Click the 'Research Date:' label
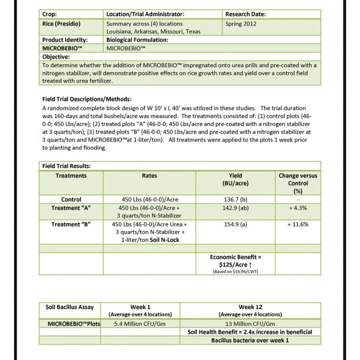pyautogui.click(x=248, y=13)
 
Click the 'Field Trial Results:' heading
pyautogui.click(x=67, y=165)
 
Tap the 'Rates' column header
pyautogui.click(x=149, y=176)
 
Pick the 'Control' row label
pyautogui.click(x=71, y=199)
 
